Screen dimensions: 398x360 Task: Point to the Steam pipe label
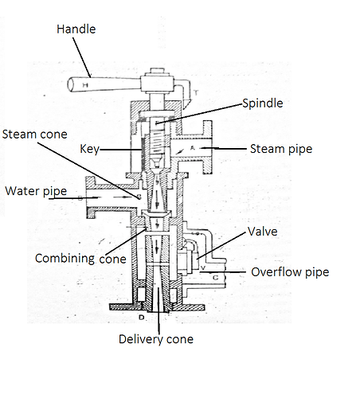[x=280, y=149]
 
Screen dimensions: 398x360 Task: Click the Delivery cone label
[x=156, y=340]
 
